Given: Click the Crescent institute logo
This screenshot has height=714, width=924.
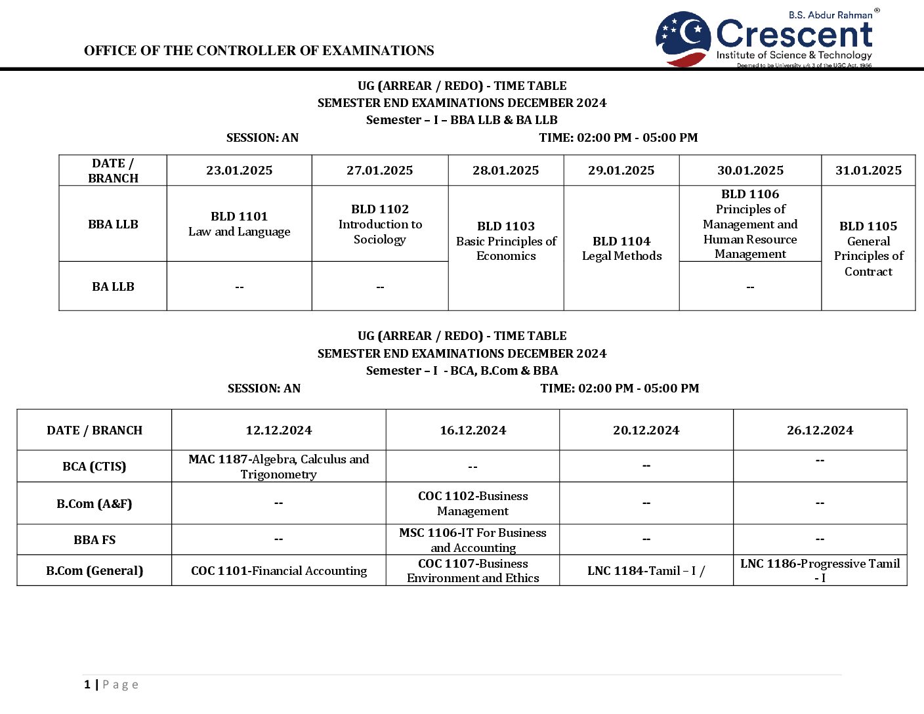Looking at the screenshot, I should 765,39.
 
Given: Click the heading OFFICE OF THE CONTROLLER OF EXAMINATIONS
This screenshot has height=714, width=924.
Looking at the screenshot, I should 259,51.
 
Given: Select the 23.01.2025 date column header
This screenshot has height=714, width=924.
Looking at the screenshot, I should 239,171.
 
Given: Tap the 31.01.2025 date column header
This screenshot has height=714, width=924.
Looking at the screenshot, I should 868,171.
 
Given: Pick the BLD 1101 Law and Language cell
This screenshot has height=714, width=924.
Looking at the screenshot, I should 239,224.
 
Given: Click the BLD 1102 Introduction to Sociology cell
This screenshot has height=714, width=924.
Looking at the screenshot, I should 380,224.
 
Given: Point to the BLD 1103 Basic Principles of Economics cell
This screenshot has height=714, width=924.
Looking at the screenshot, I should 506,241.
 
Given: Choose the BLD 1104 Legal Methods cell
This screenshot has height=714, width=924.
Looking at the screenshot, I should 621,248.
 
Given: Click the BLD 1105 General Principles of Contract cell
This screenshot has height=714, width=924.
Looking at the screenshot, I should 868,248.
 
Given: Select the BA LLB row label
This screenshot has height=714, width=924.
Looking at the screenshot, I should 113,287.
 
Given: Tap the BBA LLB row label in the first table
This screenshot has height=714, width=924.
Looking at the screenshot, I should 113,224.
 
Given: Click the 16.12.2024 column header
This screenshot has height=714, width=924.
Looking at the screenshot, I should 472,430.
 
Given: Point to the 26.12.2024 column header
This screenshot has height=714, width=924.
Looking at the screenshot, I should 820,430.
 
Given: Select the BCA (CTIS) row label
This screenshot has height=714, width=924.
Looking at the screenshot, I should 94,467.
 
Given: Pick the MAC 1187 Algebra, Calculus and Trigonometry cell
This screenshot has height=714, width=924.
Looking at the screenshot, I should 278,467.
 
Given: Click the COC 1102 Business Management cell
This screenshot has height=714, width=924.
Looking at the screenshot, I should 472,503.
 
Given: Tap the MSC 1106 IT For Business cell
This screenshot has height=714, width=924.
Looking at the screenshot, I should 472,540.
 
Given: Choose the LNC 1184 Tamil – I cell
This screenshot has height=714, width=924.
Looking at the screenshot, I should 646,571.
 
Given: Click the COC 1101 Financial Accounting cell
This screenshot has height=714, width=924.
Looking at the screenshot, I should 278,571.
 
